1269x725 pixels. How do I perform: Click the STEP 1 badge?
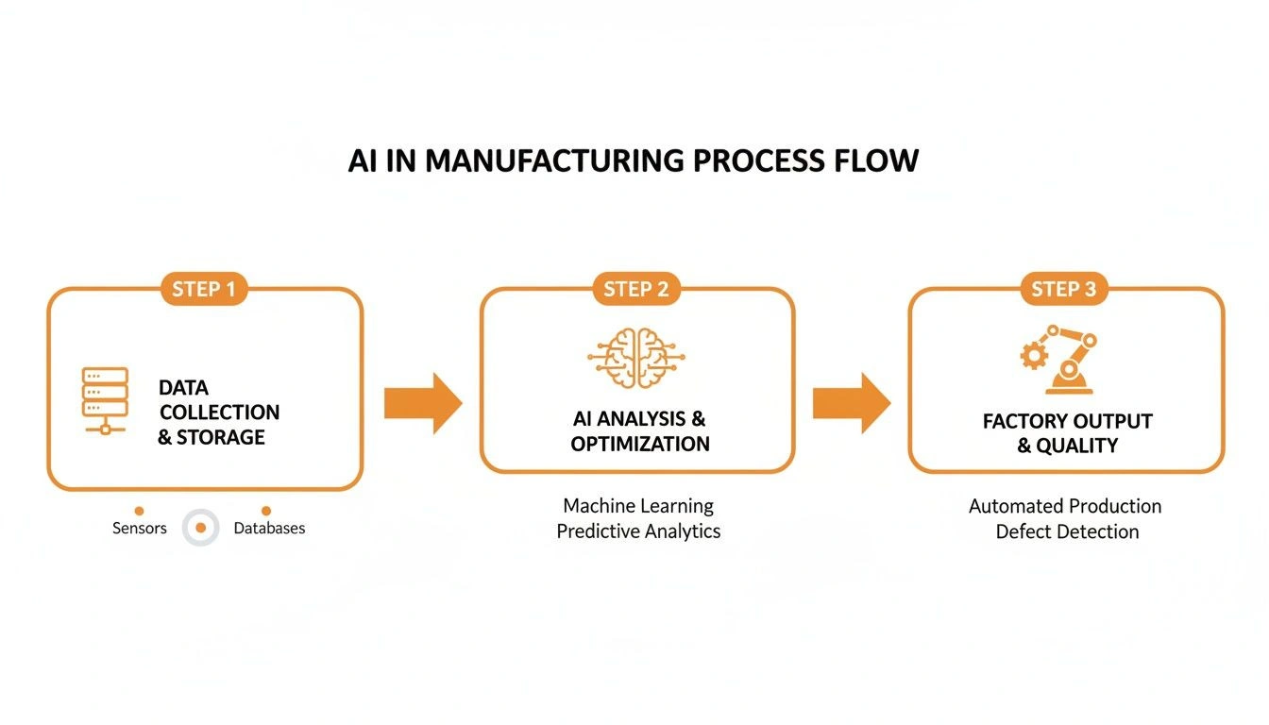pos(204,289)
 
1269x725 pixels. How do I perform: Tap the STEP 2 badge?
pos(636,289)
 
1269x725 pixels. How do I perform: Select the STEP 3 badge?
pos(1064,289)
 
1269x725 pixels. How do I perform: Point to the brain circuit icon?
pos(636,360)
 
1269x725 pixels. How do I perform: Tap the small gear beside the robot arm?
pos(1034,356)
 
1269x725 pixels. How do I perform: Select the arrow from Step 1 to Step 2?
pos(422,403)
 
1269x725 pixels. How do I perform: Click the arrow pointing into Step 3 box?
pos(851,403)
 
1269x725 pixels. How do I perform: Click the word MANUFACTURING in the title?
pos(556,160)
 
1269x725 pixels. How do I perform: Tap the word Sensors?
pos(140,529)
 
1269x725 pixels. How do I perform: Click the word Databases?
pos(269,529)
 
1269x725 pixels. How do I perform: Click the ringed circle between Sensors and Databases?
pos(200,528)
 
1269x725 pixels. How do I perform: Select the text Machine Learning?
pos(638,506)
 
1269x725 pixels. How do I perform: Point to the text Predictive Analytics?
pos(638,531)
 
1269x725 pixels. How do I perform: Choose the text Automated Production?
pos(1065,506)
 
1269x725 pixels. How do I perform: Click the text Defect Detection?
pos(1067,531)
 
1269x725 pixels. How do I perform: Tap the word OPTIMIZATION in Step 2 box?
pos(640,444)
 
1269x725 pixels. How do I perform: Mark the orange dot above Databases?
pos(266,511)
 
